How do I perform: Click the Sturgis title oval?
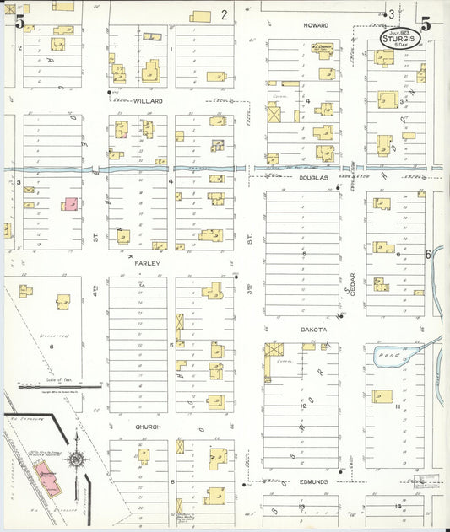point(396,38)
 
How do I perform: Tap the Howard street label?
point(316,26)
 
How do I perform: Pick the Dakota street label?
point(313,330)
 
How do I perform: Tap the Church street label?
point(148,427)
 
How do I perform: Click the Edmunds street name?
point(313,481)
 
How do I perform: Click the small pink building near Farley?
point(69,203)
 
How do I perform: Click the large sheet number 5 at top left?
point(19,23)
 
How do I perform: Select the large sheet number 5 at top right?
point(426,24)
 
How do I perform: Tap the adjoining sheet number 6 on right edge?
point(428,253)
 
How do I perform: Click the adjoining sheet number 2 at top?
point(225,13)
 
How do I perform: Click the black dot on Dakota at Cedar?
point(339,317)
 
